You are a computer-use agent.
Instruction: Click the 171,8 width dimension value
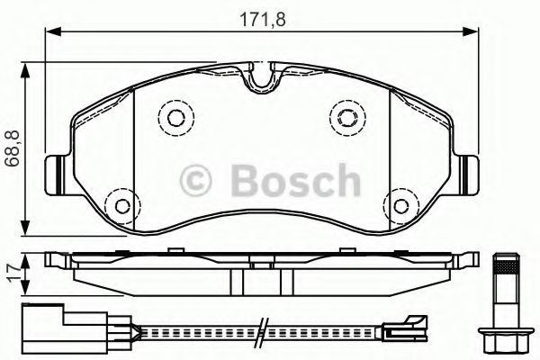pyautogui.click(x=263, y=19)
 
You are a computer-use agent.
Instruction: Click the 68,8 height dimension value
pyautogui.click(x=14, y=148)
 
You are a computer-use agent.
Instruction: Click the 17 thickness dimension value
pyautogui.click(x=13, y=274)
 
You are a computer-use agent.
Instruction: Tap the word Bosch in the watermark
pyautogui.click(x=295, y=181)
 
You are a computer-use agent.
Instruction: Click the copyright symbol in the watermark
pyautogui.click(x=195, y=181)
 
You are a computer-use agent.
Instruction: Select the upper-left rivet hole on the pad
pyautogui.click(x=176, y=118)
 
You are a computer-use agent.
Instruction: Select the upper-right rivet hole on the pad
pyautogui.click(x=347, y=118)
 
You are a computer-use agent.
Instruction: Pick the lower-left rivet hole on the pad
pyautogui.click(x=123, y=206)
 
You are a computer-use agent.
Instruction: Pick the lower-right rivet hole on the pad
pyautogui.click(x=400, y=206)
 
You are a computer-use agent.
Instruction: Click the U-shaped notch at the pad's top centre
pyautogui.click(x=262, y=78)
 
